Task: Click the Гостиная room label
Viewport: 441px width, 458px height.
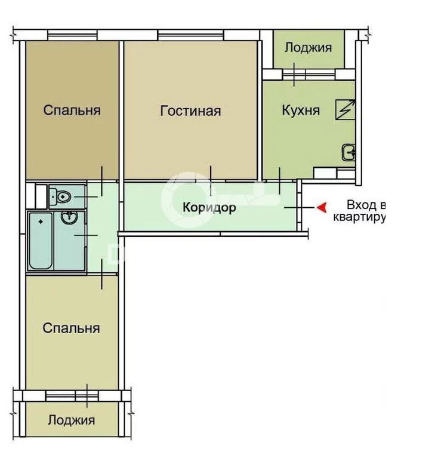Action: click(190, 111)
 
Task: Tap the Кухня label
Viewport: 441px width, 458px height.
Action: click(301, 110)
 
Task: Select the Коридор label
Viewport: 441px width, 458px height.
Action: click(209, 208)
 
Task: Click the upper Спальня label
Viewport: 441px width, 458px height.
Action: click(72, 110)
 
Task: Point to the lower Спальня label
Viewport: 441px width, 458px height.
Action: click(71, 328)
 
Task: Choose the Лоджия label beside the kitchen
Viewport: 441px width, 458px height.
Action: click(308, 48)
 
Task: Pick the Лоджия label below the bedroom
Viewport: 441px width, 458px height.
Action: click(72, 420)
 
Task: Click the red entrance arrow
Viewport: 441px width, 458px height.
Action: click(322, 208)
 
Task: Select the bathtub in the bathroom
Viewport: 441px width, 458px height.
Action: click(41, 241)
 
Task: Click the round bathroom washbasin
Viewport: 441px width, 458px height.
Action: click(69, 217)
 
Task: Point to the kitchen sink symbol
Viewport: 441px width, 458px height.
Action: click(349, 152)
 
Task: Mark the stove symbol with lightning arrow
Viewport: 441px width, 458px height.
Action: click(345, 109)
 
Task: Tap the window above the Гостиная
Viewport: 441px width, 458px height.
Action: click(190, 35)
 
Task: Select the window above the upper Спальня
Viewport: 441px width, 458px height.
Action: click(72, 35)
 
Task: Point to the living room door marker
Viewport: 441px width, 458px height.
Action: click(211, 181)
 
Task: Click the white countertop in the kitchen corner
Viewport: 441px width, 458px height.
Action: click(334, 173)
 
